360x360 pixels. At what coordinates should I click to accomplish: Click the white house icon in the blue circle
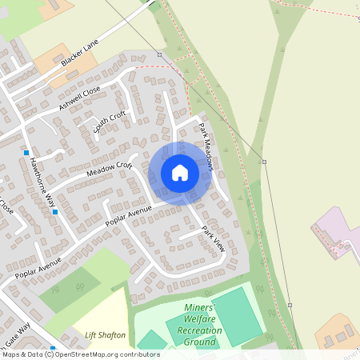tap(180, 173)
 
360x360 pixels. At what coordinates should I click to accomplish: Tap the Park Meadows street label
tap(206, 147)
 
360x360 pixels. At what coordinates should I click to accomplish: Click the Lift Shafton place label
tap(105, 334)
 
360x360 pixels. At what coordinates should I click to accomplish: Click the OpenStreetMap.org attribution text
tap(105, 354)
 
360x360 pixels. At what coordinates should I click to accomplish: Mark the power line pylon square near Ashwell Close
tap(160, 55)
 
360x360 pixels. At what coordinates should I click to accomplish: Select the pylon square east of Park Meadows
tap(264, 162)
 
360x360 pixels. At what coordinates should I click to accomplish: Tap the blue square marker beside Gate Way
tap(53, 349)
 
